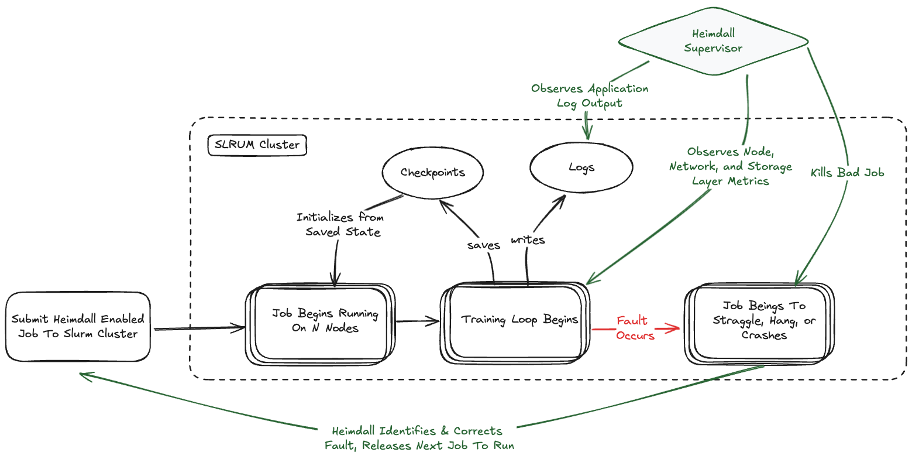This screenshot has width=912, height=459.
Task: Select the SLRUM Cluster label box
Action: click(x=257, y=145)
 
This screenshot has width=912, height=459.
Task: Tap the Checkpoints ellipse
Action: click(x=433, y=172)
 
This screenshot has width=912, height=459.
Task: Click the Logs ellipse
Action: click(x=581, y=167)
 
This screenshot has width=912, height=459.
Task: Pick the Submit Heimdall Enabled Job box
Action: click(x=78, y=327)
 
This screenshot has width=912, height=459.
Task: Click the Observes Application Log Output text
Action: click(x=590, y=96)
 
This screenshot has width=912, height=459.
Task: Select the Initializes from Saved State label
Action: click(x=340, y=224)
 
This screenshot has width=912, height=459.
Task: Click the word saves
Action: click(x=483, y=245)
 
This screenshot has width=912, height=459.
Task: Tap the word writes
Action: click(x=528, y=239)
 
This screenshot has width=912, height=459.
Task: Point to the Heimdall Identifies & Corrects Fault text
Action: click(x=419, y=439)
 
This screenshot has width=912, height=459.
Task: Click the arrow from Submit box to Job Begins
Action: click(x=199, y=328)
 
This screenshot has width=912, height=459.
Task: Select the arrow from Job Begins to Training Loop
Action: click(x=418, y=320)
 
